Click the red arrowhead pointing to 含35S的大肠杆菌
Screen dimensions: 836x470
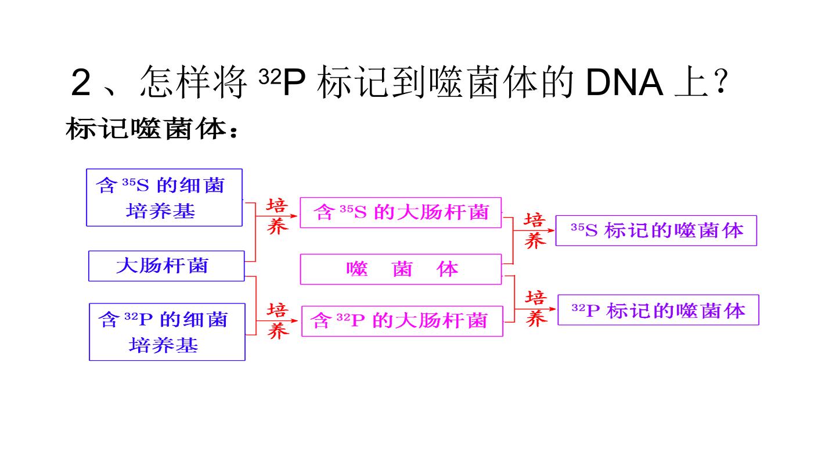294,216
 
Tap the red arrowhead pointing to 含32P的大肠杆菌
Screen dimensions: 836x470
294,320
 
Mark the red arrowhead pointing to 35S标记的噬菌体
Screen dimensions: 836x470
551,230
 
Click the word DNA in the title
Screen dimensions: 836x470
625,82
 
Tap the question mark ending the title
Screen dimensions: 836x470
720,81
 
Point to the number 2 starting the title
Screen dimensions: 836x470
81,82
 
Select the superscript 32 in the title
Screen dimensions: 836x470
269,77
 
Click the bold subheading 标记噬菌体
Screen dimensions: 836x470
146,129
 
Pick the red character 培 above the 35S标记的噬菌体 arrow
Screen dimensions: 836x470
535,220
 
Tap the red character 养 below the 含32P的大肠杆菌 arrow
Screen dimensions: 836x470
278,331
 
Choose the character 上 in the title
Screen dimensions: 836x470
691,82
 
